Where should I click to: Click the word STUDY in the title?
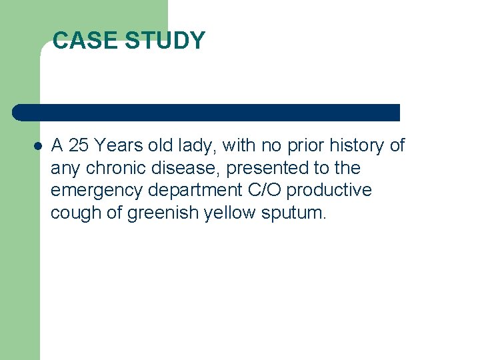click(165, 41)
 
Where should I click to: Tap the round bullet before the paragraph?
click(37, 145)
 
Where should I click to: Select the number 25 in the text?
click(79, 145)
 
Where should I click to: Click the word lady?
click(198, 145)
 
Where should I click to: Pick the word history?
click(352, 145)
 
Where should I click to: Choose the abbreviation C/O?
click(265, 190)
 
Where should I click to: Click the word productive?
click(329, 191)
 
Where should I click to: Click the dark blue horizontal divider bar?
click(207, 113)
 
